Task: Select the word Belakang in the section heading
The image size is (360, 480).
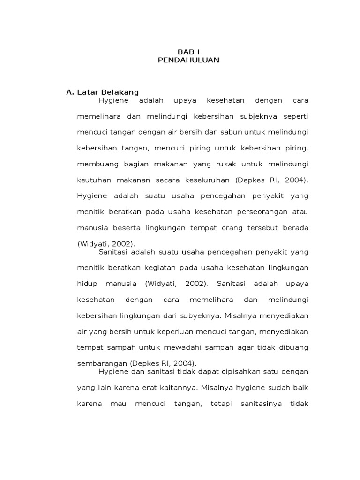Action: [121, 92]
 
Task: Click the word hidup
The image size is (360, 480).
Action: [86, 284]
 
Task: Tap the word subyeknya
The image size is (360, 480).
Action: [199, 315]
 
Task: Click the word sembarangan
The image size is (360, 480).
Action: [102, 363]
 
